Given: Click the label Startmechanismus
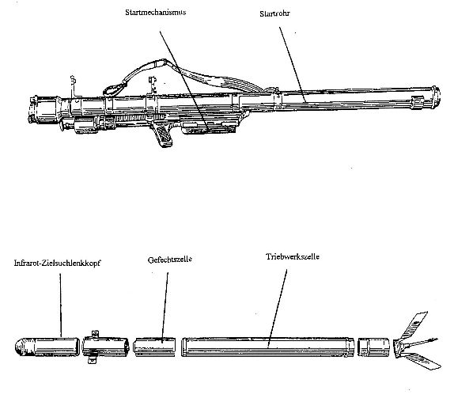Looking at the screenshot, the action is pos(156,13).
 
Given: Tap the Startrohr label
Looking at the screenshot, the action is pos(274,13).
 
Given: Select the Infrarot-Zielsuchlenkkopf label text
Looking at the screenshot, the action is pos(57,263).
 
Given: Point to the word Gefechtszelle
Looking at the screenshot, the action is pos(169,260).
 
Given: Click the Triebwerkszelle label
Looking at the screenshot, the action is pos(293,256).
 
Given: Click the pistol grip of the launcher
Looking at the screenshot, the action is pos(163,135).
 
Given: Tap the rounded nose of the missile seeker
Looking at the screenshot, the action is pos(21,347).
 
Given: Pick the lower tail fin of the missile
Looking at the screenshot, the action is pos(422,360).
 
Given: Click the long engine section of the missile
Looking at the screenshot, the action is pos(267,347).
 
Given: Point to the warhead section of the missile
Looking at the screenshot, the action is pos(154,347).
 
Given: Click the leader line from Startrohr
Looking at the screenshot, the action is pos(292,65).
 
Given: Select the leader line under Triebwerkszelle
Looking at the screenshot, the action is pos(278,308).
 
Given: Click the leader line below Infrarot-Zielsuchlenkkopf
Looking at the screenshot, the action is pos(60,305).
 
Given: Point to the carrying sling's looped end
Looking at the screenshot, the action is pos(115,89).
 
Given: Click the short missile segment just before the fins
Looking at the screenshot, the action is pos(374,347).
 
